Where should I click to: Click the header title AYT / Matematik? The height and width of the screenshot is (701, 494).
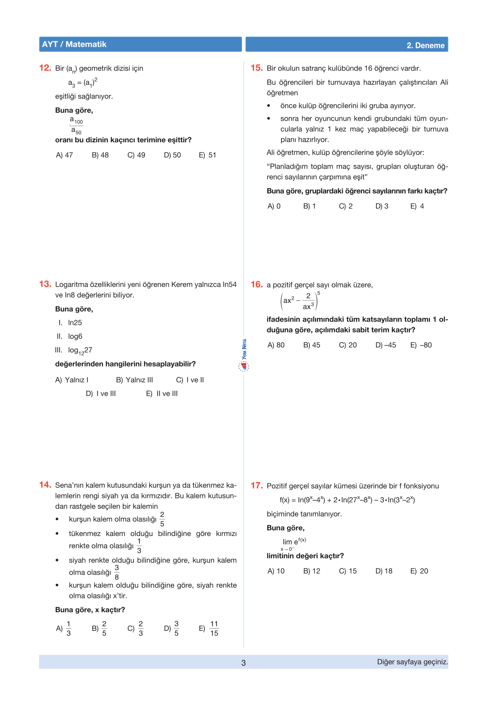(x=74, y=45)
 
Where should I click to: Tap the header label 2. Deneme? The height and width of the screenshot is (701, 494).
(x=425, y=45)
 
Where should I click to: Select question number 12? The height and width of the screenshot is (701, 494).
(x=45, y=68)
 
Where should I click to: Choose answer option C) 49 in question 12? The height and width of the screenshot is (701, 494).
(x=136, y=155)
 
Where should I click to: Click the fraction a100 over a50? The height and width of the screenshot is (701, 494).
(x=76, y=126)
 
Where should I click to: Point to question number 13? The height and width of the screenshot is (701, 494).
(x=45, y=284)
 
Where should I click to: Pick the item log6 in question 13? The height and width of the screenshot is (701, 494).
(x=75, y=337)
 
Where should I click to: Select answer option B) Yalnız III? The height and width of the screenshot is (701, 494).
(x=134, y=380)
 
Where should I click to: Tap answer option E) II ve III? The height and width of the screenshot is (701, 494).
(x=162, y=394)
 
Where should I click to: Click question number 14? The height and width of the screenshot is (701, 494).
(x=45, y=485)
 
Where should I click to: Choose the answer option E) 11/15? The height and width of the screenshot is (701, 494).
(x=209, y=629)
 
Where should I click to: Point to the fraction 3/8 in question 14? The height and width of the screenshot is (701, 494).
(x=117, y=572)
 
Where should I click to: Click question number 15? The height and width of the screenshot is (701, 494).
(x=257, y=68)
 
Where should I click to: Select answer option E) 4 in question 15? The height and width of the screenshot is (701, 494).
(x=417, y=206)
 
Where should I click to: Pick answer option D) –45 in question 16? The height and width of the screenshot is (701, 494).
(x=386, y=345)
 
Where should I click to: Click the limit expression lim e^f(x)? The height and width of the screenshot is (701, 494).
(x=294, y=542)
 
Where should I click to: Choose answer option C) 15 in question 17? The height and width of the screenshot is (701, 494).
(x=348, y=571)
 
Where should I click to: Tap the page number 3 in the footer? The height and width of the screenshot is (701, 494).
(x=243, y=663)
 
